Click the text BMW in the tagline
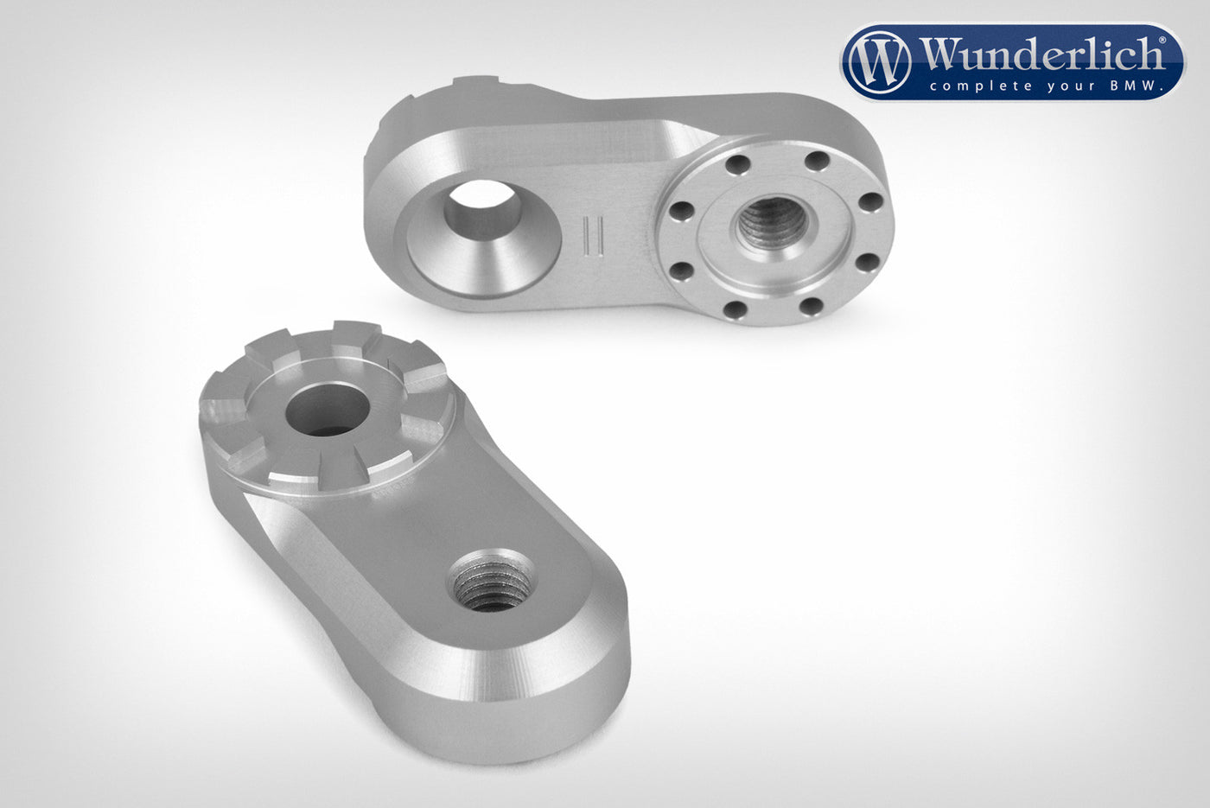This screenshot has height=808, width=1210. pos(1134,86)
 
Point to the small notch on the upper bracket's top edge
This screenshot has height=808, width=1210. pos(478,84)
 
